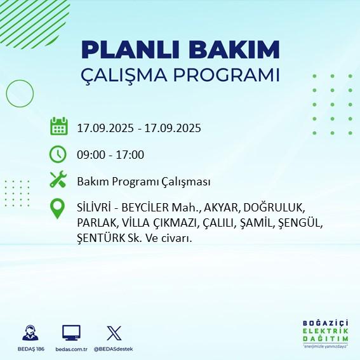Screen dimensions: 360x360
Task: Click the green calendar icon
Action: click(58, 126)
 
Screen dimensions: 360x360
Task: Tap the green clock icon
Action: click(58, 154)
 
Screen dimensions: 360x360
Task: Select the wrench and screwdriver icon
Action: click(58, 182)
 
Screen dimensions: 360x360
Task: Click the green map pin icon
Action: click(58, 209)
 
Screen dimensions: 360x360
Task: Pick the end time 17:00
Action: click(130, 155)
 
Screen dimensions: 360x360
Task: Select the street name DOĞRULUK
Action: click(277, 208)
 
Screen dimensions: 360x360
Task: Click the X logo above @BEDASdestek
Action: click(114, 333)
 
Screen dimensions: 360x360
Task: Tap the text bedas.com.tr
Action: click(71, 349)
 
